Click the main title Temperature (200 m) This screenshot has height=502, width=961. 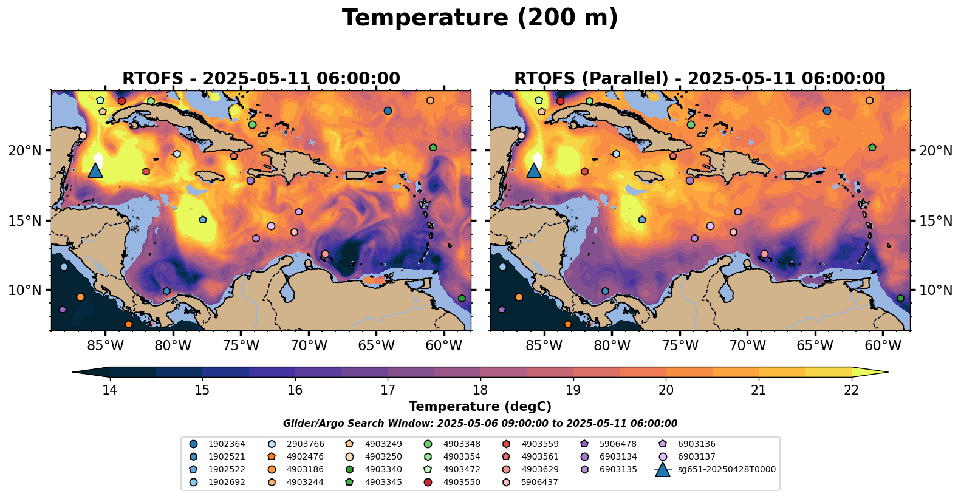click(480, 18)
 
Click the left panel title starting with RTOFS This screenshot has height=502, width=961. click(261, 79)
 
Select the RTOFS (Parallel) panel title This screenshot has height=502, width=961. click(700, 79)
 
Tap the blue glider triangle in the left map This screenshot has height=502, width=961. click(95, 171)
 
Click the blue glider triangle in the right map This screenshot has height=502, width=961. click(534, 171)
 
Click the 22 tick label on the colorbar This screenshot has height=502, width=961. click(852, 390)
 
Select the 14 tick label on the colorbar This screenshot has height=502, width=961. click(109, 390)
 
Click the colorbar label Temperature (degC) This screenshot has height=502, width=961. click(480, 407)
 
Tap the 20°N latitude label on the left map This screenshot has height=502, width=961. click(25, 151)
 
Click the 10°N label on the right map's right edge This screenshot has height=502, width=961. click(936, 290)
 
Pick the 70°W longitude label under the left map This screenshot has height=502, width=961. click(309, 345)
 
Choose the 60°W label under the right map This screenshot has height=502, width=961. click(883, 345)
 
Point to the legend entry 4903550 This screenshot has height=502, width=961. click(461, 482)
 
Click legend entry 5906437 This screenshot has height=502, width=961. click(539, 482)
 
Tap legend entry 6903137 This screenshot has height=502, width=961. click(696, 456)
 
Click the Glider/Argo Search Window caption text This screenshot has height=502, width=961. click(480, 424)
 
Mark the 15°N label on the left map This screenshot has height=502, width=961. click(25, 220)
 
